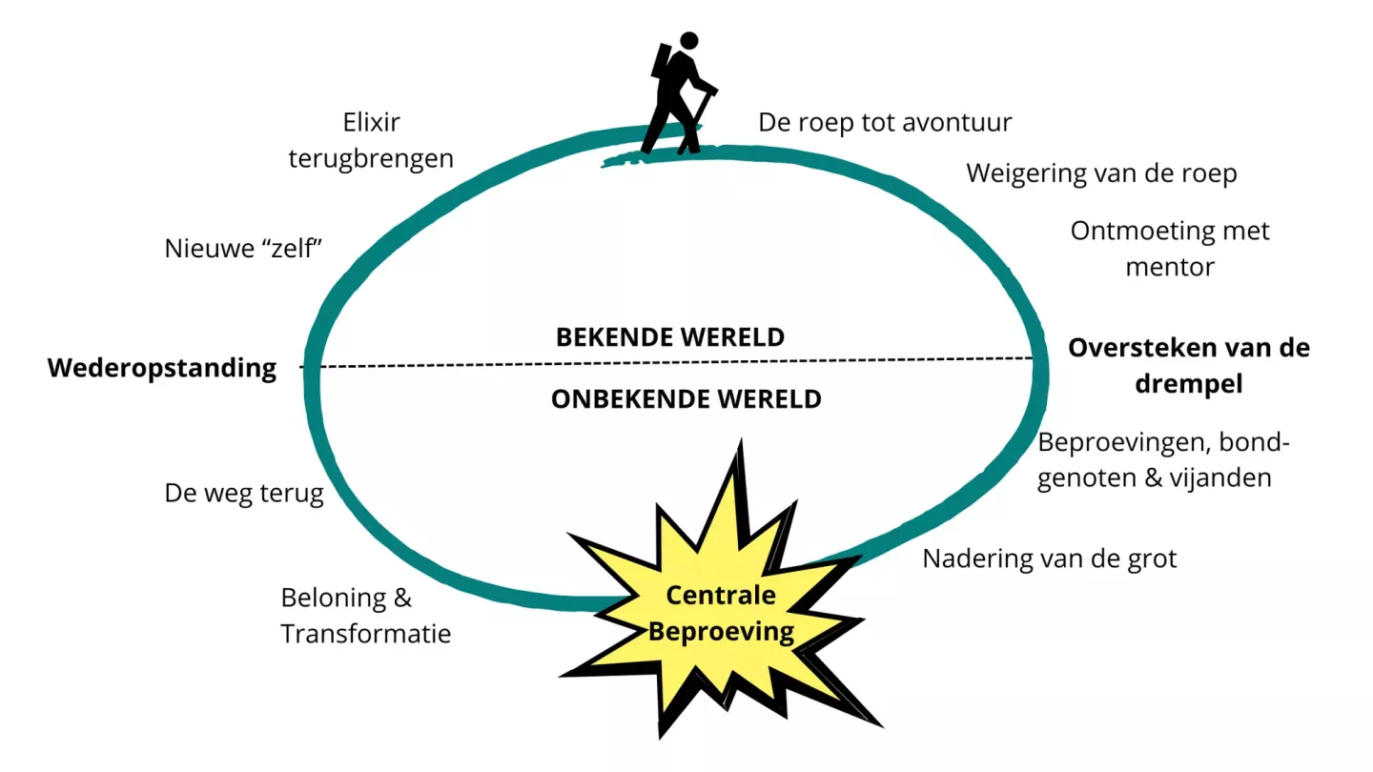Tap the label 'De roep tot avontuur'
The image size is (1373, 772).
tap(885, 123)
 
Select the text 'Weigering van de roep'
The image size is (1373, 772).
tap(1101, 173)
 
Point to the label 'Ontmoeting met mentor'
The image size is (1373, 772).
tap(1170, 248)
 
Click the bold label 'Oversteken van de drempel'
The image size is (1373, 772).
tap(1188, 365)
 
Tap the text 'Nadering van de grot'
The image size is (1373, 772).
tap(1049, 558)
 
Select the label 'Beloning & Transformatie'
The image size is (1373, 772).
tap(365, 616)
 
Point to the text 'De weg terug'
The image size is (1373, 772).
tap(244, 494)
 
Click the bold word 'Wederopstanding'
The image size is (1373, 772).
tap(162, 368)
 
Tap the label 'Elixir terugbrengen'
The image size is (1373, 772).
tap(371, 140)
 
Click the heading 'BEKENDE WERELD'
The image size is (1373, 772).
tap(669, 336)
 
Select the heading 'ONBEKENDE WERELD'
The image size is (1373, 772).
tap(686, 398)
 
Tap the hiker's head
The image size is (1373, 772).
tap(688, 41)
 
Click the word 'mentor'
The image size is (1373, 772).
tap(1170, 266)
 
